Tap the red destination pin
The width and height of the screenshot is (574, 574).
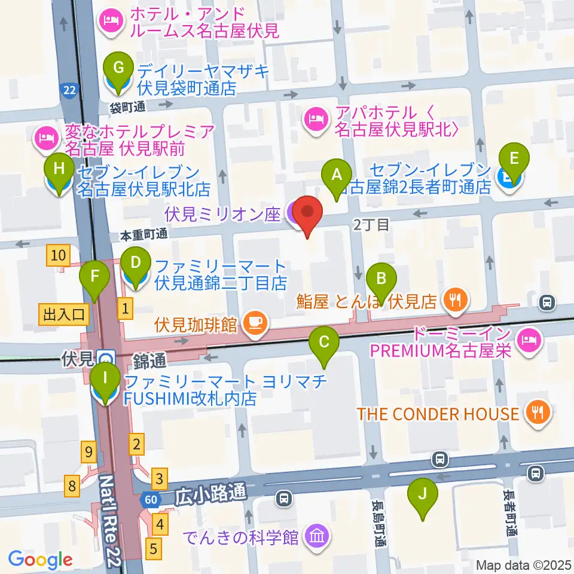307,215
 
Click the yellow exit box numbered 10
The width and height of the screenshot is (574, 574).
58,256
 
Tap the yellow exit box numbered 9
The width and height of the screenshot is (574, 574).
89,453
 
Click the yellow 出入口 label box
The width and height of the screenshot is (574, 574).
65,313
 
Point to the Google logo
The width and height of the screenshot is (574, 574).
40,560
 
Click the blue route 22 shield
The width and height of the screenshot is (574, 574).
70,90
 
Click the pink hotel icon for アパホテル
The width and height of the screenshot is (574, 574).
315,119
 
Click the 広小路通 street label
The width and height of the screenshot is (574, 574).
211,494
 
